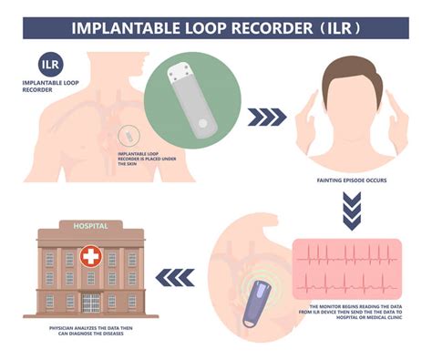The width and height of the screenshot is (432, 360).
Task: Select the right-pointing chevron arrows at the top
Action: pyautogui.click(x=264, y=117)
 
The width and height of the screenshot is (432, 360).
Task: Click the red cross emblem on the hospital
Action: pyautogui.click(x=91, y=258)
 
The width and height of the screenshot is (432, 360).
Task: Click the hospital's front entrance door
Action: pyautogui.click(x=91, y=302)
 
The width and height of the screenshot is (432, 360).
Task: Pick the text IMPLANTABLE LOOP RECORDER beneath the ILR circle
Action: pyautogui.click(x=52, y=88)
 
